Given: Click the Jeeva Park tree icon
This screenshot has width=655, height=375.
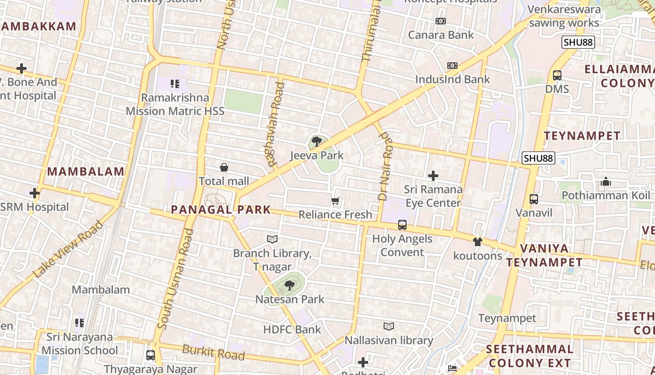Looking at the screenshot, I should tap(317, 141).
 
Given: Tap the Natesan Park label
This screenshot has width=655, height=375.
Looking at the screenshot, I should tap(290, 299).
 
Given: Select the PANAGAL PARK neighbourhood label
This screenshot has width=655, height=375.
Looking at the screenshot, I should tap(221, 210).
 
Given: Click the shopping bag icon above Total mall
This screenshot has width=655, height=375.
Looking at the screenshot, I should tap(224, 167).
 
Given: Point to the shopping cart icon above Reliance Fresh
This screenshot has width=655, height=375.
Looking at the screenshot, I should tap(335, 201).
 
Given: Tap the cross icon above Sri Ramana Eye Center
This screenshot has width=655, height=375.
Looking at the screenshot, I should tap(433, 176).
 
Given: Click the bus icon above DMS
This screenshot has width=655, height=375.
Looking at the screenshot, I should tap(557, 75).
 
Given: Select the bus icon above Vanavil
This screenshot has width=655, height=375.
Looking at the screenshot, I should tap(533, 199).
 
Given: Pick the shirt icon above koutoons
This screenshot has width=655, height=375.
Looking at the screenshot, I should tap(477, 242).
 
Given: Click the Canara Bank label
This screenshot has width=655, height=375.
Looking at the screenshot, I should tap(441, 35).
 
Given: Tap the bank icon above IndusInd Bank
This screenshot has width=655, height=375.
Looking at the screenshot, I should tap(452, 66).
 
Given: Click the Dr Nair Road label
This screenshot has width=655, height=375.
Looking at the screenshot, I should tap(385, 166).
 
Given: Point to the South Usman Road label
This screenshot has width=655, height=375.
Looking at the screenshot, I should tap(175, 278).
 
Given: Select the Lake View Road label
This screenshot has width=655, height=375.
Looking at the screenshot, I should tap(68, 248).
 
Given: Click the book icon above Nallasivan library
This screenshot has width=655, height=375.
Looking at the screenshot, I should tap(389, 326).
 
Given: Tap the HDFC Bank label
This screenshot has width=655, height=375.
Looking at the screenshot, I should tap(292, 330).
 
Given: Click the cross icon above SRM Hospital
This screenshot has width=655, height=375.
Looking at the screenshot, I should tap(34, 193).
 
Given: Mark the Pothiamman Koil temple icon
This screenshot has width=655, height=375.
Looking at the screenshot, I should tap(606, 181).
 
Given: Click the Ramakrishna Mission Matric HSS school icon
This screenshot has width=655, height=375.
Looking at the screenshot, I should tap(175, 84).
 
